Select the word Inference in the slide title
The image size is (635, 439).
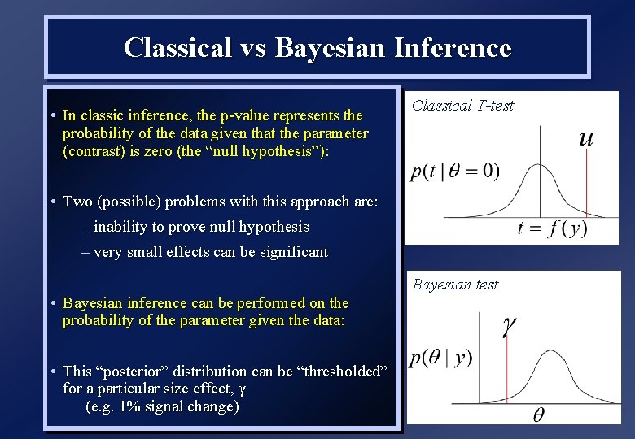tap(453, 48)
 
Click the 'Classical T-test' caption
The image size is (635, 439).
tap(462, 105)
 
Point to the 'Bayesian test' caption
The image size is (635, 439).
tap(455, 285)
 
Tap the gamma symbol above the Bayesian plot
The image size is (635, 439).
tap(509, 326)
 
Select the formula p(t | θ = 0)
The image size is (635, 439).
tap(455, 172)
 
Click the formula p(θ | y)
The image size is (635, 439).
tap(440, 358)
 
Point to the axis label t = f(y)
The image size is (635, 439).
tap(553, 228)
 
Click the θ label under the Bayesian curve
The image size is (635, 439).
tap(538, 415)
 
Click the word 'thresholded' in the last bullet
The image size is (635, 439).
tap(344, 372)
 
